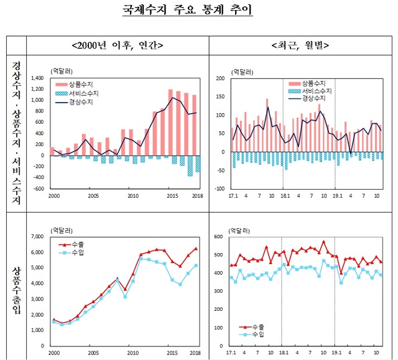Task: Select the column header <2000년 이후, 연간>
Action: pyautogui.click(x=118, y=45)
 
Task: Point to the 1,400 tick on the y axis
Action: pyautogui.click(x=37, y=78)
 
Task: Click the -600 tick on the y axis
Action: pyautogui.click(x=39, y=188)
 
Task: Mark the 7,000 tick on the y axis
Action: pyautogui.click(x=37, y=237)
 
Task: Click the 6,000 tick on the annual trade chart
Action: pyautogui.click(x=37, y=252)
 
